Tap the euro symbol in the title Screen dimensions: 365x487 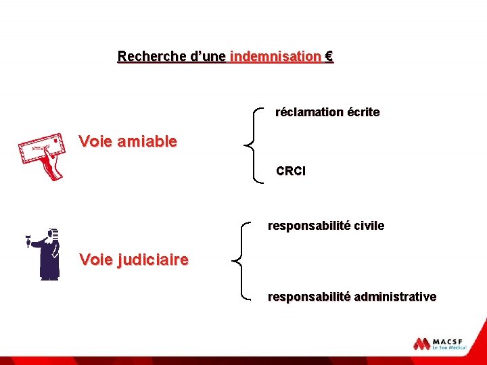pyautogui.click(x=329, y=57)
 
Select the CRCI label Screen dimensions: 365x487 pyautogui.click(x=291, y=172)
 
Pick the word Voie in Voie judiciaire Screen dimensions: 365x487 pyautogui.click(x=95, y=259)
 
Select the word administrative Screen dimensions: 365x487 pyautogui.click(x=395, y=297)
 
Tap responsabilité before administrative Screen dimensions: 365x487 pyautogui.click(x=308, y=297)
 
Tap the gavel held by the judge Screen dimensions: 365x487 pyautogui.click(x=28, y=240)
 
